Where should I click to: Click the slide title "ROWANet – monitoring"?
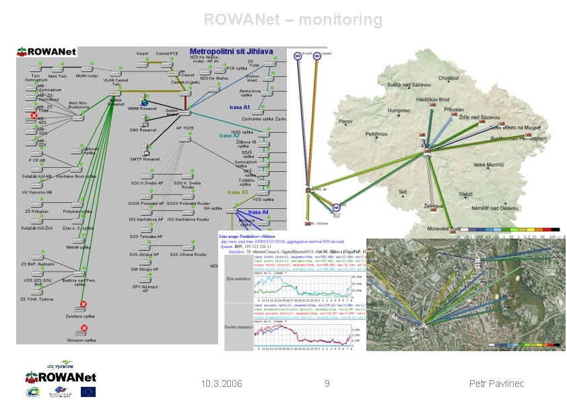tap(293, 20)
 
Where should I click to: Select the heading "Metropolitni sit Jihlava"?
tap(231, 51)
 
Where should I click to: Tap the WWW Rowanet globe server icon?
tap(143, 99)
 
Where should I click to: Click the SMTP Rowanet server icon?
tap(145, 150)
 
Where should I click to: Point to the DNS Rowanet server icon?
tap(143, 122)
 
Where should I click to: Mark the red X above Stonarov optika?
tap(84, 328)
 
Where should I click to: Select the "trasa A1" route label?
tap(239, 107)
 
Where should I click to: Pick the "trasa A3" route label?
tap(237, 192)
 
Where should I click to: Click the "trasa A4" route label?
tap(258, 212)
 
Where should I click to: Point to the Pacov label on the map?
tap(345, 121)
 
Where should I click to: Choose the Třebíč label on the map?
tap(466, 194)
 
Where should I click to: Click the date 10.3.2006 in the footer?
tap(222, 383)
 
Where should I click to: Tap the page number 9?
tap(327, 383)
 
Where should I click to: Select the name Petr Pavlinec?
tap(496, 383)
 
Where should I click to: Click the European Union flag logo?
tap(88, 392)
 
